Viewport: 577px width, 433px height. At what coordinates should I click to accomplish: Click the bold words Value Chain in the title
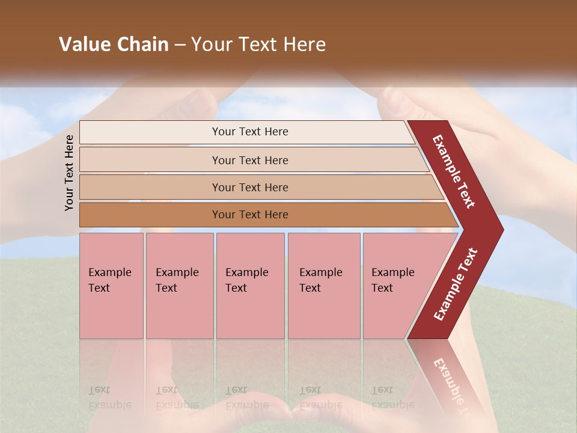coord(114,45)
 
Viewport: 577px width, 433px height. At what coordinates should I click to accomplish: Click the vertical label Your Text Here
coord(69,173)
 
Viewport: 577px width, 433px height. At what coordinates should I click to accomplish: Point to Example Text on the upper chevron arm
coord(454,171)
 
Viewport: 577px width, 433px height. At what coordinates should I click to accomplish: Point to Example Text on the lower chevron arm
coord(456,284)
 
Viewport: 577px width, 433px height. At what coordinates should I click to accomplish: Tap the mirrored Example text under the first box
coord(109,404)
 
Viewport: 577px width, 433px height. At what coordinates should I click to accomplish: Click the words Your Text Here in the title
coord(258,45)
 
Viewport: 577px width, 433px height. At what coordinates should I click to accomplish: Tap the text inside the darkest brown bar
coord(250,215)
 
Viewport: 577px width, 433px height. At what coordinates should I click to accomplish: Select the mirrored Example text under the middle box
coord(246,404)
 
